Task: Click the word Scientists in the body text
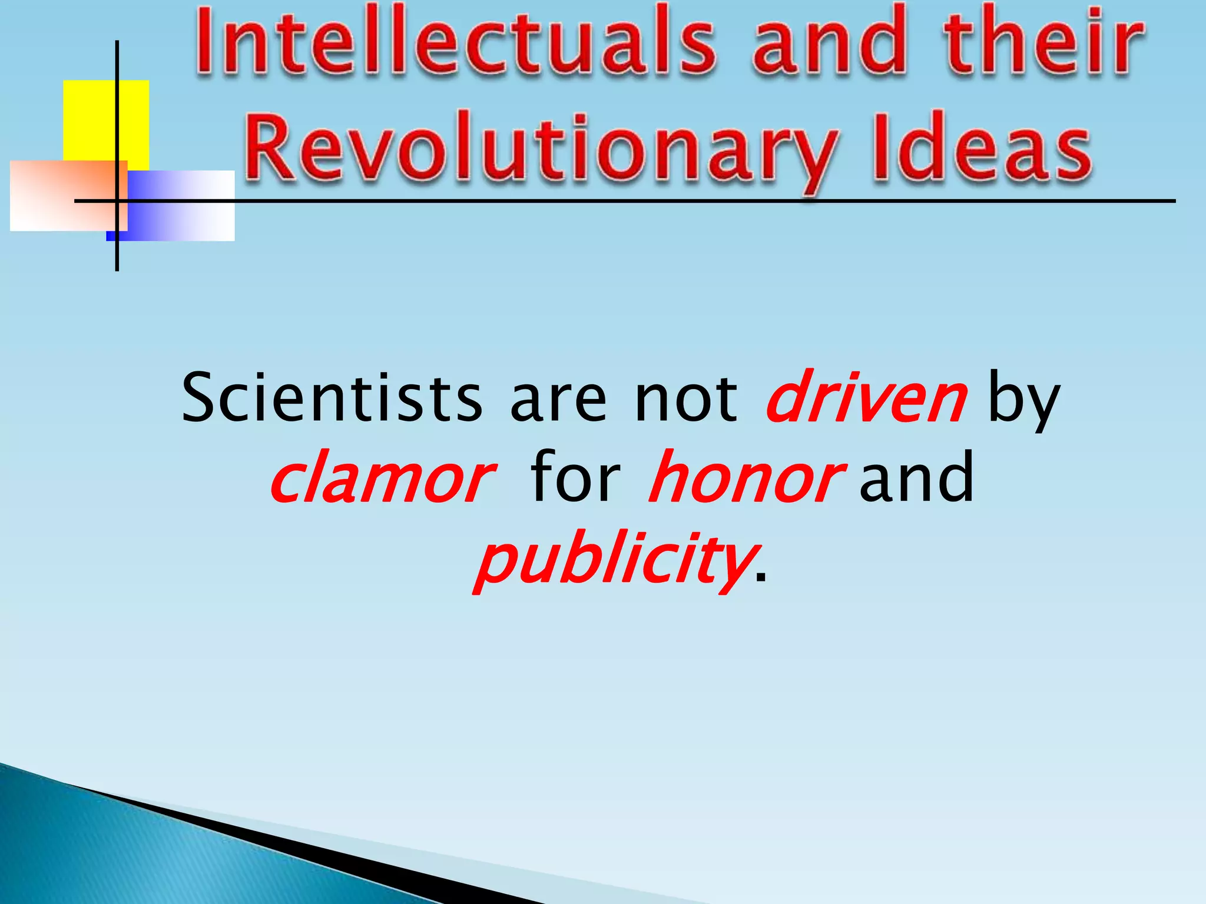tap(332, 398)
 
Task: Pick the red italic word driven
tap(866, 398)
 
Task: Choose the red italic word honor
tap(745, 478)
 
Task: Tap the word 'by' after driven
tap(1023, 400)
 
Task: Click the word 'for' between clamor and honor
tap(575, 478)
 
